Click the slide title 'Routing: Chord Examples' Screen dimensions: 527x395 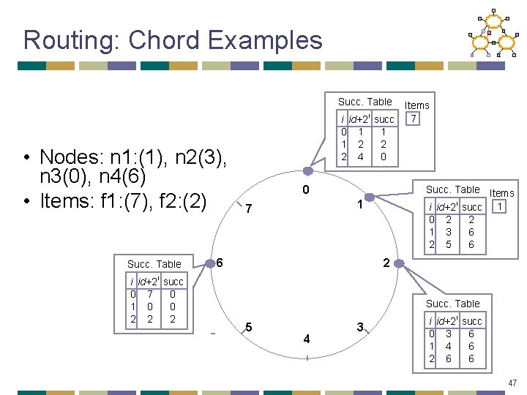[173, 39]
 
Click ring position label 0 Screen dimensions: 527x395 [306, 191]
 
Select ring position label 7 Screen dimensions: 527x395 [249, 209]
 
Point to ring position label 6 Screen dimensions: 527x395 [220, 263]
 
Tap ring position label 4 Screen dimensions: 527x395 [306, 339]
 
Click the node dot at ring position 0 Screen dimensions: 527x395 [308, 173]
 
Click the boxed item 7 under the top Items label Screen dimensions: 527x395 [414, 118]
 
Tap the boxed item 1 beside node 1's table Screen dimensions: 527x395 [500, 207]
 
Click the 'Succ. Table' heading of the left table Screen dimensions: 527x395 [154, 263]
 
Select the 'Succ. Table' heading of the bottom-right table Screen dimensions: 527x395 [452, 304]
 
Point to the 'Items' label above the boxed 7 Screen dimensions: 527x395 [417, 105]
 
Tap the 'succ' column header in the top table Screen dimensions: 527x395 [384, 119]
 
